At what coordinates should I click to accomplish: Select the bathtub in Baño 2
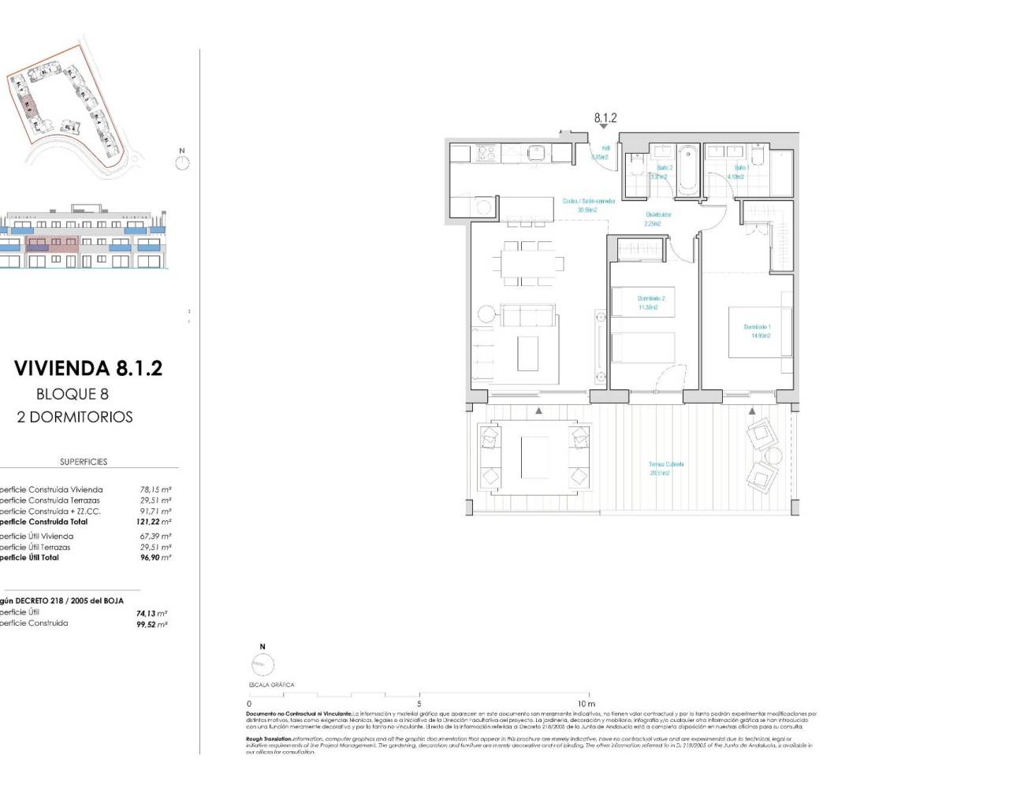[687, 169]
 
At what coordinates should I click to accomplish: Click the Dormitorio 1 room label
[757, 331]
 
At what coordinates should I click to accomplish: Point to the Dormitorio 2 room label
[651, 303]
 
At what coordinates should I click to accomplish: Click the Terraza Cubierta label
[666, 468]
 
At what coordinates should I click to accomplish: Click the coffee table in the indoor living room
[527, 353]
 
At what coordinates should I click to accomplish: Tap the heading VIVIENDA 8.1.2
[88, 368]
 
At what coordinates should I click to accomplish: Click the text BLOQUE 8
[73, 394]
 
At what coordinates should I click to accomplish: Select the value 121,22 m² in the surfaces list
[155, 522]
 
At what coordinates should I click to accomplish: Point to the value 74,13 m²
[151, 613]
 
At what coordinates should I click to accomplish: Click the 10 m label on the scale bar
[586, 704]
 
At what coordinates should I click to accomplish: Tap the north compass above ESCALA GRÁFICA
[262, 664]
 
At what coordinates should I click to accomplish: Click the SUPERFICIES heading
[84, 462]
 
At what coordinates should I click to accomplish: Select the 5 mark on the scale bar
[419, 704]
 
